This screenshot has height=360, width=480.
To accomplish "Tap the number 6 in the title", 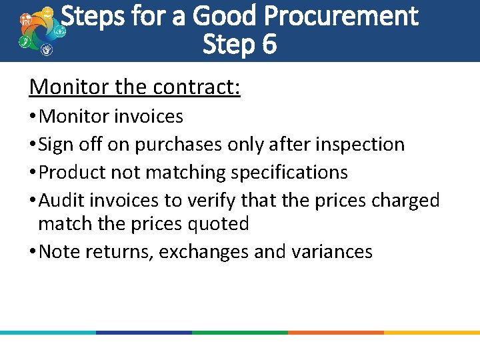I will pyautogui.click(x=269, y=45).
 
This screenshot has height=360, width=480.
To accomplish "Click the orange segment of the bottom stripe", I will pyautogui.click(x=336, y=332).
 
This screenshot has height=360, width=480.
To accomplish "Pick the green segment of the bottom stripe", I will pyautogui.click(x=240, y=332).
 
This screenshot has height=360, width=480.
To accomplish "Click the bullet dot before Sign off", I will pyautogui.click(x=33, y=145).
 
